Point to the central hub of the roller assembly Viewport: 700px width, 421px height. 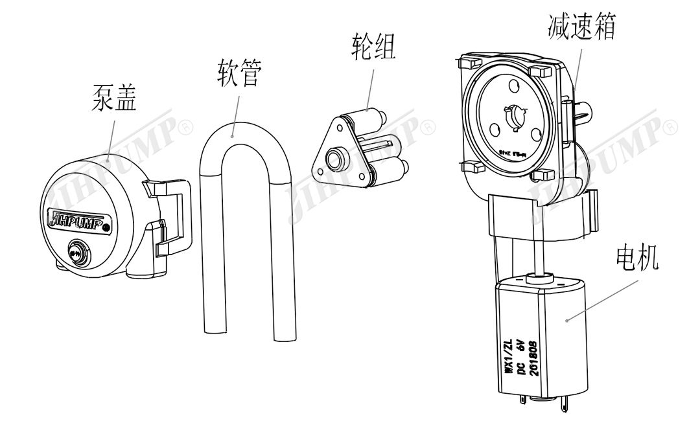point(336,157)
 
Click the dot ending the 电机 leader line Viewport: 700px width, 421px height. point(568,319)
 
